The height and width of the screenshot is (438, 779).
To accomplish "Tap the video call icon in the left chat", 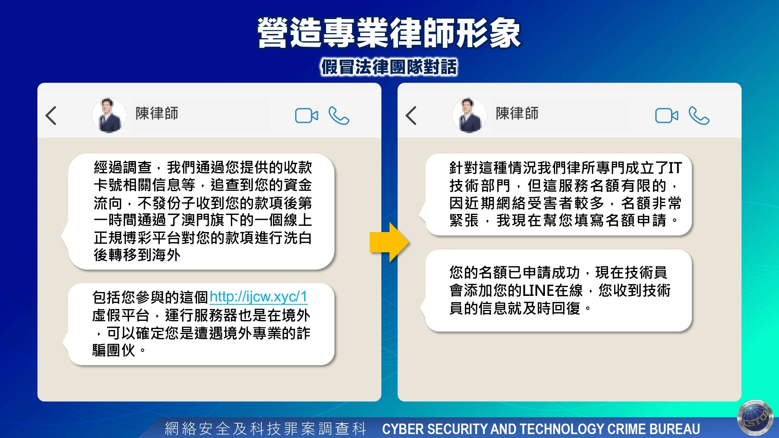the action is [x=307, y=116].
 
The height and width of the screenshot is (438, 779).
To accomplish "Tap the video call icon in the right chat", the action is [x=667, y=116].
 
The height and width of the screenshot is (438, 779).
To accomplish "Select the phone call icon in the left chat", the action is [x=339, y=116].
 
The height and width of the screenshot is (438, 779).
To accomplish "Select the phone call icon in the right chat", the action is [x=699, y=116].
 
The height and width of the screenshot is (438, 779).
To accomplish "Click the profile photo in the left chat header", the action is [x=109, y=115].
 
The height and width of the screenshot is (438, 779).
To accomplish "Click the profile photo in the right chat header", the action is [x=469, y=115].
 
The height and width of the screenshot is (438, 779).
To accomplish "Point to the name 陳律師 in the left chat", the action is [x=157, y=113].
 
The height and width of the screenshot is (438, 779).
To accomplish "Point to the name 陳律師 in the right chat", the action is [x=517, y=113].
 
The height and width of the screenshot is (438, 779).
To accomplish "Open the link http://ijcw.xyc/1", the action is [x=259, y=297].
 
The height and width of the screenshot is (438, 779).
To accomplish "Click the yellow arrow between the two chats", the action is [x=389, y=242].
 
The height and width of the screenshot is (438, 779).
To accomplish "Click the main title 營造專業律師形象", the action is [x=389, y=33].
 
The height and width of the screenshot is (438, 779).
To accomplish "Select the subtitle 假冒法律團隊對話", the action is [x=389, y=67].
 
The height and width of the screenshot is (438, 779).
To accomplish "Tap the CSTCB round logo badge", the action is [x=756, y=418].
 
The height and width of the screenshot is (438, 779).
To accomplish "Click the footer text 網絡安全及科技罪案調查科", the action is [x=265, y=429].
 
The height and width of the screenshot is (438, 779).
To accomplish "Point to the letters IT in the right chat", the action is [x=675, y=168].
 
